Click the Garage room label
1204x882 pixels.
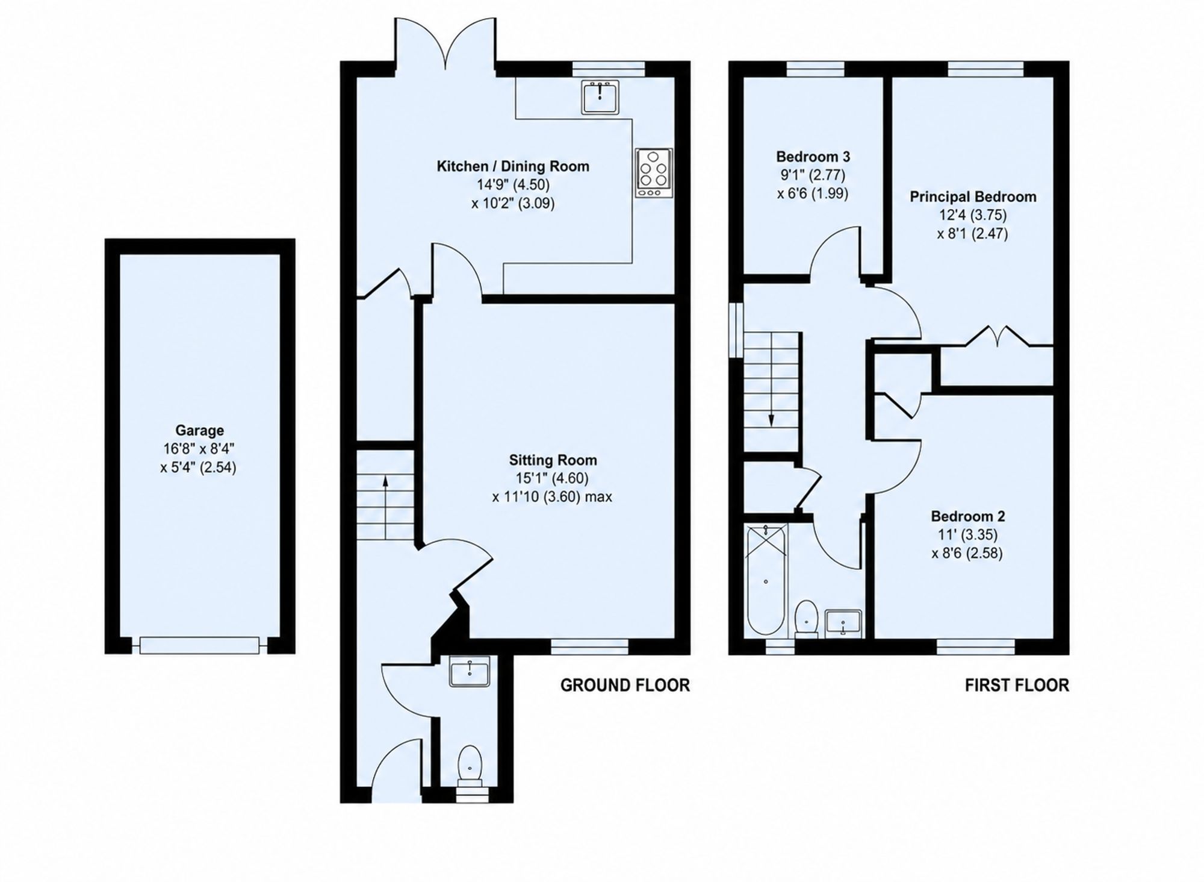click(199, 430)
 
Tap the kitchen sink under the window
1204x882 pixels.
click(600, 97)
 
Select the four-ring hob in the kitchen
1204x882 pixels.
click(654, 172)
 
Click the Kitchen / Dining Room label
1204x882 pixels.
click(513, 166)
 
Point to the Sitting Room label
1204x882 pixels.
click(553, 460)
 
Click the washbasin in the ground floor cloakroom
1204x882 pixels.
click(470, 671)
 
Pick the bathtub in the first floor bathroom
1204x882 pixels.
click(766, 580)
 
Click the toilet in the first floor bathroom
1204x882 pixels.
click(806, 619)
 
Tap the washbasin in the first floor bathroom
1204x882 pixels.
click(843, 623)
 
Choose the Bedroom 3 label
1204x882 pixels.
click(813, 157)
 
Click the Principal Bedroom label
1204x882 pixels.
click(973, 197)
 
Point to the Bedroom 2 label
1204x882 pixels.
click(967, 516)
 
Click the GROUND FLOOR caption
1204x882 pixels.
click(625, 685)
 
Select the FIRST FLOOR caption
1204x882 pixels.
click(1017, 685)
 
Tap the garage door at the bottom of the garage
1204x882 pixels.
click(199, 645)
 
